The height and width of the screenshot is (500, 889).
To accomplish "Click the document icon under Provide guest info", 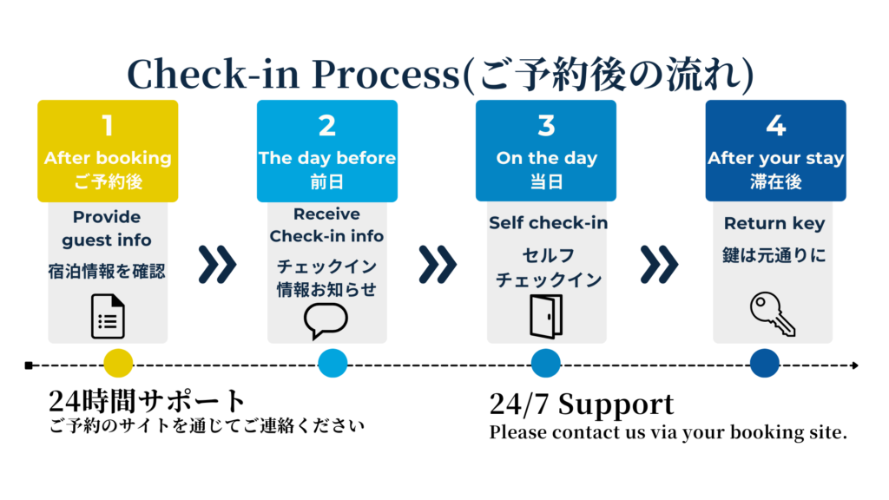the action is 108,316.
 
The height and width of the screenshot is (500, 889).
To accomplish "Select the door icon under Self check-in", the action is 546,315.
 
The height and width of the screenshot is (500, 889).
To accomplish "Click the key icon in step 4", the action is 772,314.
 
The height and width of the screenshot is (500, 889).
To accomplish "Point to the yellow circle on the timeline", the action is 117,363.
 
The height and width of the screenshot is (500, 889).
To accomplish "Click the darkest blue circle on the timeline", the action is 764,363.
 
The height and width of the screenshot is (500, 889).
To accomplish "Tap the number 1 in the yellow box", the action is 108,127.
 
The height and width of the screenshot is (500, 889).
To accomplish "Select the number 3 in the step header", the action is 546,127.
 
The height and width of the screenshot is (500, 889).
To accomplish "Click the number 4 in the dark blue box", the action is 775,127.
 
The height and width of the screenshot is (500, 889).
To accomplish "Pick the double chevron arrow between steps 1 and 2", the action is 217,265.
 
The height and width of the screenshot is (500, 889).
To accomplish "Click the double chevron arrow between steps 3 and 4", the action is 659,265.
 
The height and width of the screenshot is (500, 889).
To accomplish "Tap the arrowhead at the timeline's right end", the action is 855,365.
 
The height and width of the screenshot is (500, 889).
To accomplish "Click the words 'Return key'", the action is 774,224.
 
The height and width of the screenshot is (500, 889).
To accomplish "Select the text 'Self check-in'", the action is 548,223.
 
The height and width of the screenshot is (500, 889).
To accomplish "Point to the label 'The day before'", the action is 326,158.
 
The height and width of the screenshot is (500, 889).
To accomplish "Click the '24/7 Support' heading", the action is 581,405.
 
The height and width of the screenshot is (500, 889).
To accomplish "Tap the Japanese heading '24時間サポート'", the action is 148,401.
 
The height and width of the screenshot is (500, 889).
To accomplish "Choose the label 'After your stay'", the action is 775,158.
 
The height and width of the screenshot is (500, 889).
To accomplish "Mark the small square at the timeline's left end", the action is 30,365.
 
